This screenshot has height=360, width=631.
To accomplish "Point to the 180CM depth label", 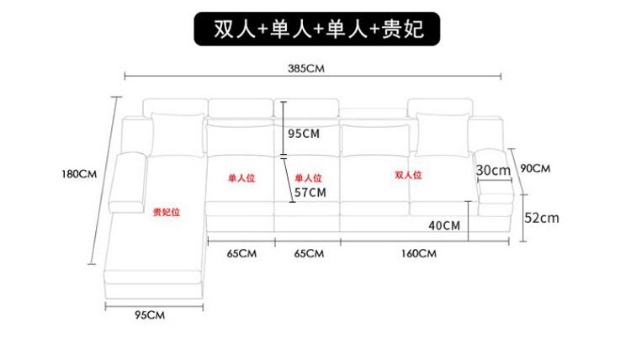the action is pos(81,174).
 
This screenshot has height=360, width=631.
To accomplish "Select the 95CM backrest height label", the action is pos(303,133).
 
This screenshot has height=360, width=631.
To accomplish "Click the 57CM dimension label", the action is pos(309,193).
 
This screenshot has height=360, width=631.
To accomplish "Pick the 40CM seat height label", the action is pos(443,225).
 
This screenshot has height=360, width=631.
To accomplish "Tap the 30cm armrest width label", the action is pos(493,170).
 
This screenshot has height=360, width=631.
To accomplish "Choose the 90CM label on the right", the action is pos(535,168).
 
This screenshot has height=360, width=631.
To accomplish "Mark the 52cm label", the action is pos(542,217).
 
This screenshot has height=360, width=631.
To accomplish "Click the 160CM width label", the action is pos(419,253).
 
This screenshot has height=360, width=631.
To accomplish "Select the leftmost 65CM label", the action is pos(241,253).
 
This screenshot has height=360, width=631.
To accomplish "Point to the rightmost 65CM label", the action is pos(309,253).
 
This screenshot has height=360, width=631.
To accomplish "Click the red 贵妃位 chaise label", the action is pos(166,213).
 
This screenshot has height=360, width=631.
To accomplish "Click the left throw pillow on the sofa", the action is pos(174,133).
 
